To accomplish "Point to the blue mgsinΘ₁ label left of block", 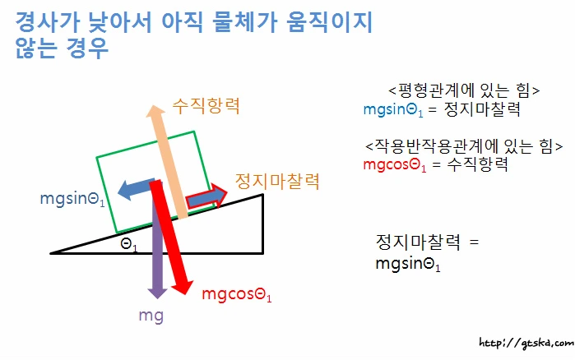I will (72, 199).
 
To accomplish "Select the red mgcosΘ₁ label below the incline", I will (236, 293).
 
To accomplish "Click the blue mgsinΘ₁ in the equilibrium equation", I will (399, 108).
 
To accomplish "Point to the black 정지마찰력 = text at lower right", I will (426, 243).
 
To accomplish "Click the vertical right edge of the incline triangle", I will (262, 223).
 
